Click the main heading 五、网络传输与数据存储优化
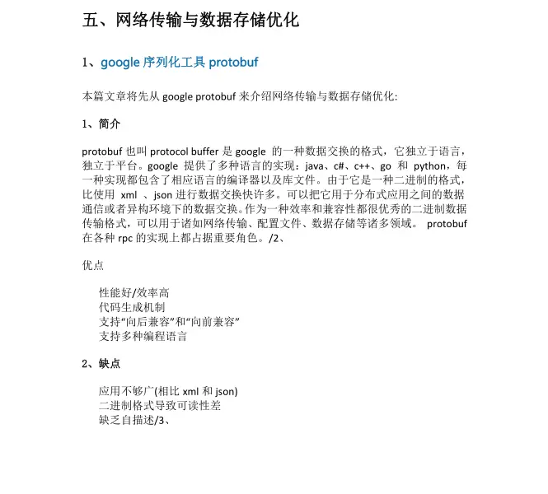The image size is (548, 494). (190, 20)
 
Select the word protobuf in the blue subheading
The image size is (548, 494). (235, 63)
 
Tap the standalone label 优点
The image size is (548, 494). (93, 266)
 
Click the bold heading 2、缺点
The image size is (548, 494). (101, 363)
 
